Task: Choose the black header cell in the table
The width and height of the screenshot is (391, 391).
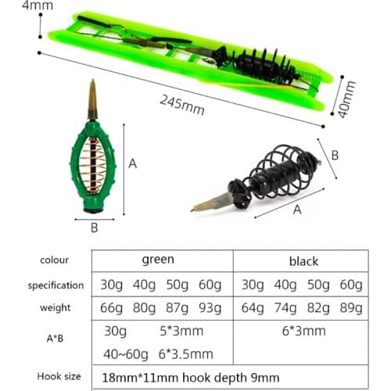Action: pos(303,261)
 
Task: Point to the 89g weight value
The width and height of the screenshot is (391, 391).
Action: pos(350,307)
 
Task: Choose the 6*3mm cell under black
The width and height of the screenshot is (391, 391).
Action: pos(303,331)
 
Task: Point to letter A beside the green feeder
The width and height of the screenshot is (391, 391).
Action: pos(133,163)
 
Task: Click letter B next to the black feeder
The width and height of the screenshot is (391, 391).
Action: pos(334,155)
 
